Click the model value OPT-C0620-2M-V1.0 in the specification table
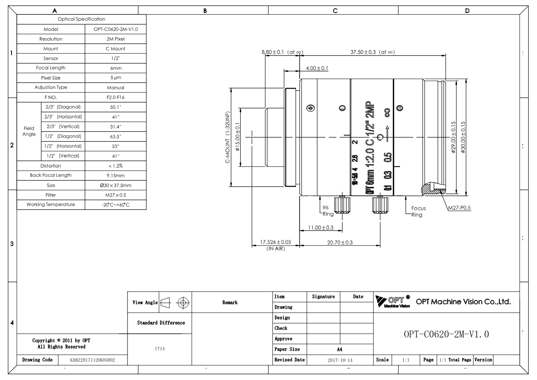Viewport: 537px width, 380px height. tap(116, 29)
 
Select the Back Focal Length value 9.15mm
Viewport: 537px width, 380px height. tap(116, 175)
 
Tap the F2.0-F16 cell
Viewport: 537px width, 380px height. tap(116, 97)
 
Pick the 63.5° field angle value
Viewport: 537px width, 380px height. tap(116, 136)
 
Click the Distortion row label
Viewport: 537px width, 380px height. tap(51, 166)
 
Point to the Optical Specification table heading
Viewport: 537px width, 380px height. tap(81, 19)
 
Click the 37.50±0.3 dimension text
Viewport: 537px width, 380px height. tap(363, 52)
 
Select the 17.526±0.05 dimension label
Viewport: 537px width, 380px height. tap(275, 242)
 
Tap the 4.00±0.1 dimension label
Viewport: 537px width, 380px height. tap(317, 68)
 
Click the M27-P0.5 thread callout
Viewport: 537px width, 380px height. tap(459, 208)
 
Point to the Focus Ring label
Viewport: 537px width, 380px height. tap(418, 211)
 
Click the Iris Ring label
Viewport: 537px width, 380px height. tap(328, 211)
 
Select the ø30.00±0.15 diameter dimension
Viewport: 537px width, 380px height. tap(463, 137)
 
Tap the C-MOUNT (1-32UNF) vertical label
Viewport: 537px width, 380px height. tap(227, 137)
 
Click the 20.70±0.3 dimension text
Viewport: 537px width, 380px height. tap(340, 242)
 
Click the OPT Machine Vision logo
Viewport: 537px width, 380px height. tap(393, 301)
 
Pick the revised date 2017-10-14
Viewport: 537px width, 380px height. tap(340, 360)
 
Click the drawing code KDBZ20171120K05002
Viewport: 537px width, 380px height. tap(92, 360)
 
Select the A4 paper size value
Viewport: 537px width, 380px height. tap(340, 350)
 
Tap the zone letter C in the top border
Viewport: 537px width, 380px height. tap(335, 11)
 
